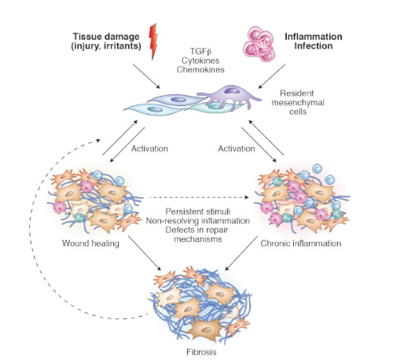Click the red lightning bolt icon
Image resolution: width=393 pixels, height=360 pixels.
153,42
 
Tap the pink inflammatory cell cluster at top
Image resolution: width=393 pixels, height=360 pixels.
259,43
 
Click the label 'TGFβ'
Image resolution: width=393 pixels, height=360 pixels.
200,51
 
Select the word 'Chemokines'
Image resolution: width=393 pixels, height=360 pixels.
200,69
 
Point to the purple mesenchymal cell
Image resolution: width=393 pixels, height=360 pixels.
229,96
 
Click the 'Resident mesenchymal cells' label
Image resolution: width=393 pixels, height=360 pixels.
298,102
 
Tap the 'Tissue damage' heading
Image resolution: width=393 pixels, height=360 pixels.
106,36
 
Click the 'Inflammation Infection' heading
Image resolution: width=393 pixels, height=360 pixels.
314,41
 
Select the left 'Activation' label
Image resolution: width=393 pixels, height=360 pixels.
149,149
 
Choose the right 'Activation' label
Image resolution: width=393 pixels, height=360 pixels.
237,149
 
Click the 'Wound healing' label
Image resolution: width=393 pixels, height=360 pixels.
90,244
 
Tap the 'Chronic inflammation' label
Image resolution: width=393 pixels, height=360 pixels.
301,244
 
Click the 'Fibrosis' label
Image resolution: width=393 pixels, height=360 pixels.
201,351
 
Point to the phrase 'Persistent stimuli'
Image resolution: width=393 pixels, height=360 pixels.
198,211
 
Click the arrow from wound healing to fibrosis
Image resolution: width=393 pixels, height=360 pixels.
145,253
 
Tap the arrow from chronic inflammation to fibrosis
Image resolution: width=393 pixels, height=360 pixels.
241,253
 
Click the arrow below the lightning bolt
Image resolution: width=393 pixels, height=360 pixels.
146,76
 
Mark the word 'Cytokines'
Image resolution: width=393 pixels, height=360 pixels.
200,61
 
